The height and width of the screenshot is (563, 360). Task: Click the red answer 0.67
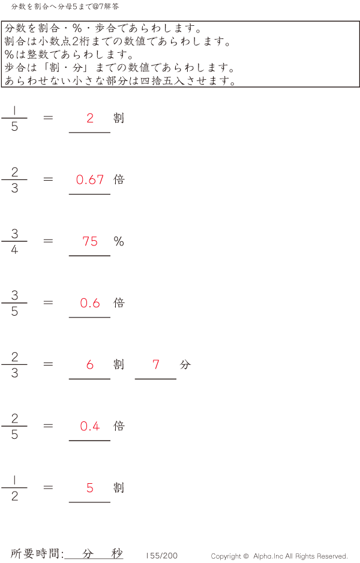pyautogui.click(x=90, y=179)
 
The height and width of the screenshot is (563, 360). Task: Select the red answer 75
pyautogui.click(x=90, y=241)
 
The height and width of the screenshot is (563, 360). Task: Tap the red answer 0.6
pyautogui.click(x=90, y=303)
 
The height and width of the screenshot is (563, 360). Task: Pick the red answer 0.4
pyautogui.click(x=90, y=426)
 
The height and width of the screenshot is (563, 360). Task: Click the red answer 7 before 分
pyautogui.click(x=156, y=364)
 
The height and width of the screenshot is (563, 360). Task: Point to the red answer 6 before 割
pyautogui.click(x=90, y=364)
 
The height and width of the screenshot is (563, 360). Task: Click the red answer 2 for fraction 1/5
pyautogui.click(x=90, y=118)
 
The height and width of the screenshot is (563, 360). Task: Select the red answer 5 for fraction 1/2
pyautogui.click(x=90, y=488)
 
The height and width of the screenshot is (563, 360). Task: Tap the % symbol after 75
pyautogui.click(x=119, y=241)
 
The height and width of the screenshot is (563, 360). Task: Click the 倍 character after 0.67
pyautogui.click(x=119, y=179)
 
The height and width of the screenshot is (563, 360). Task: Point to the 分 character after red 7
pyautogui.click(x=185, y=364)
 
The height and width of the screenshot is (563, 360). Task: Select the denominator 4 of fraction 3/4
pyautogui.click(x=14, y=250)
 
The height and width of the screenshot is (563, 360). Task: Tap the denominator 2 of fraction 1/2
pyautogui.click(x=14, y=496)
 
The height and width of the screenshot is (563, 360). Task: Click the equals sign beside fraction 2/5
pyautogui.click(x=49, y=426)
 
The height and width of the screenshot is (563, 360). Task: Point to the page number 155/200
pyautogui.click(x=162, y=556)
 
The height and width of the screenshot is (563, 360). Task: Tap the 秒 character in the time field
pyautogui.click(x=116, y=553)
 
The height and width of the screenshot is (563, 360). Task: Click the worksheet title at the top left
pyautogui.click(x=65, y=7)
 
